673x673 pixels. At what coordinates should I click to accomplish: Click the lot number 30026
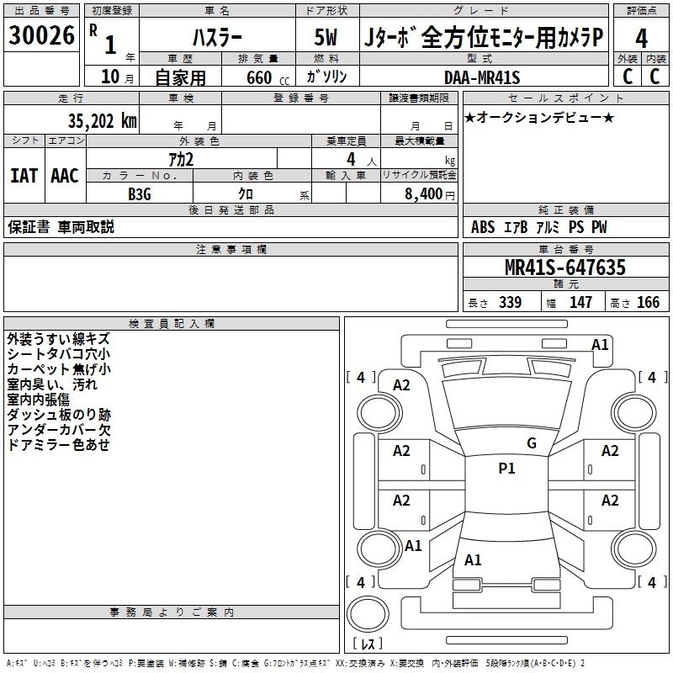[x=42, y=36]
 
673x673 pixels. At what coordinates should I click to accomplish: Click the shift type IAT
[x=24, y=176]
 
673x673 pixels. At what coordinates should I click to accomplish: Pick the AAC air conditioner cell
[x=65, y=176]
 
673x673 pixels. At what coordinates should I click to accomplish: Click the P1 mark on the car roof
[x=506, y=469]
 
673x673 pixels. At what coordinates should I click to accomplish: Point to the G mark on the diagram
[x=531, y=443]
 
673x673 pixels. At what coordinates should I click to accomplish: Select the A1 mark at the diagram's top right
[x=600, y=344]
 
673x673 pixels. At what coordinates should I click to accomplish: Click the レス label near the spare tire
[x=367, y=644]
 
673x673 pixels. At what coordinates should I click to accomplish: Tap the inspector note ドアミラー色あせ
[x=58, y=445]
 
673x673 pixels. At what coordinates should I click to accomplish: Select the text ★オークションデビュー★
[x=538, y=117]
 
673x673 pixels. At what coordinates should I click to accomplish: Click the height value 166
[x=648, y=303]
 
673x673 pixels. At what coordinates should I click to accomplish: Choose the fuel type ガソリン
[x=326, y=77]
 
